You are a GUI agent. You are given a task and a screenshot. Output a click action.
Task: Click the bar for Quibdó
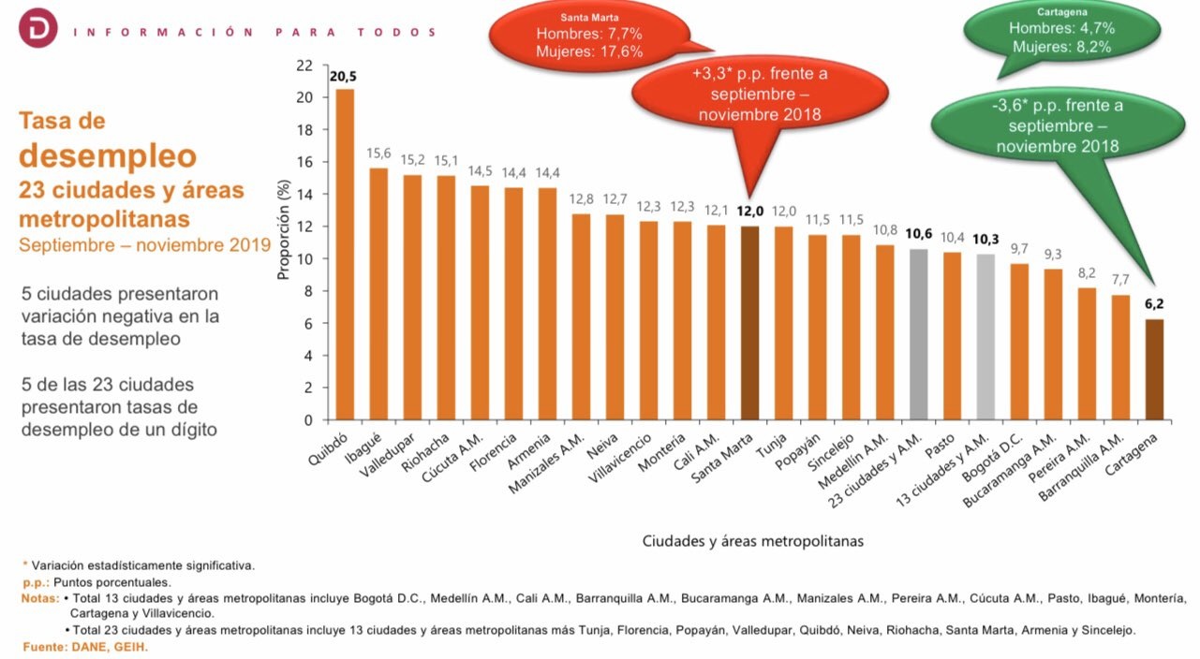coord(345,254)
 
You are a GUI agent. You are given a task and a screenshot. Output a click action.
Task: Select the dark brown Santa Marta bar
coord(749,323)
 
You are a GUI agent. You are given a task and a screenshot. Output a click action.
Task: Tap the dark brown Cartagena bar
coord(1154,370)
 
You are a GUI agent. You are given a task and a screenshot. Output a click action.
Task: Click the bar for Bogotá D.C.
coord(1019,342)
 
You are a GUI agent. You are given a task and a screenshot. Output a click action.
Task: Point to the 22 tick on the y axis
coord(304,66)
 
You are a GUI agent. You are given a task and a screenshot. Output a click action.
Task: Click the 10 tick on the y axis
coord(304,259)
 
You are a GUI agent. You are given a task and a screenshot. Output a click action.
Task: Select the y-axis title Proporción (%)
coord(282,228)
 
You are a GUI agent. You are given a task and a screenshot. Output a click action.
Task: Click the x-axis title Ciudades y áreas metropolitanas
coord(752,541)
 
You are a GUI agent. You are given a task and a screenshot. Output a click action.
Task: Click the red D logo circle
coord(37,30)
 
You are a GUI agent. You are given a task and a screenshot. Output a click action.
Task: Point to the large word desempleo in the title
coord(108,155)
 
